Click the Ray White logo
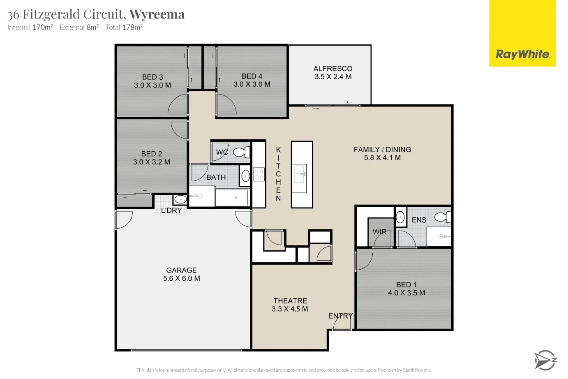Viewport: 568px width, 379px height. point(522,33)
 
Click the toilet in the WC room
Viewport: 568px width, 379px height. point(242,152)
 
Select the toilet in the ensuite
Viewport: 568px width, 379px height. point(443,217)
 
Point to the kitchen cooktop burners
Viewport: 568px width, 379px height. point(259,174)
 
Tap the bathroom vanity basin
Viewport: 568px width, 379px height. point(245,176)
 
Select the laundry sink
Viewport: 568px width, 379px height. point(180,200)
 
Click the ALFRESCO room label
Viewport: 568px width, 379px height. point(333,69)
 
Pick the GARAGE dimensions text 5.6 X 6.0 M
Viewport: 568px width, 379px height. point(182,278)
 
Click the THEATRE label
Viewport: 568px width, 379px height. point(290,300)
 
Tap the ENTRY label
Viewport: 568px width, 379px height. point(341,316)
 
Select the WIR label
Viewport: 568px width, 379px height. point(380,231)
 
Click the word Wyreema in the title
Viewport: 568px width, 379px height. point(157,14)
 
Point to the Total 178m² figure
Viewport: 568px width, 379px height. point(124,27)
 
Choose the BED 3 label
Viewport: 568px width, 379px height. point(152,77)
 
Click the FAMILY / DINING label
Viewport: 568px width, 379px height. point(382,149)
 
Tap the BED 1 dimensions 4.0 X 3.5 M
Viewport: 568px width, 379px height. point(406,293)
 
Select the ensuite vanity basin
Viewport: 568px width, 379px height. point(400,217)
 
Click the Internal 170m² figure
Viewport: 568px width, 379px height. point(30,27)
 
